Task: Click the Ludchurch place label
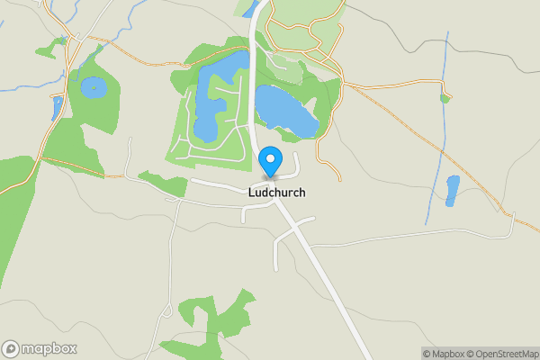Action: tap(276, 193)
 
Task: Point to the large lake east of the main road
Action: tap(285, 112)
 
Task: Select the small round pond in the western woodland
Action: tap(92, 87)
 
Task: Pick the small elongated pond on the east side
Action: tap(453, 190)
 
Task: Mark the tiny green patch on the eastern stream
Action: tap(445, 98)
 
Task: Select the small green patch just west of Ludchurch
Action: tap(162, 183)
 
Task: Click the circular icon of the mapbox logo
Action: tap(11, 348)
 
